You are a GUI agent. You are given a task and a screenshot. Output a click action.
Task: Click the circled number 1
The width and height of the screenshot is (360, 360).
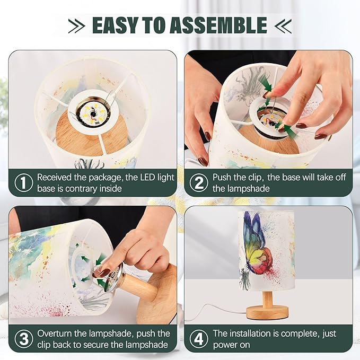[24, 182]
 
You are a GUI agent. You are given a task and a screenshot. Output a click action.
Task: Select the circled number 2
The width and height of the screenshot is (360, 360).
[199, 182]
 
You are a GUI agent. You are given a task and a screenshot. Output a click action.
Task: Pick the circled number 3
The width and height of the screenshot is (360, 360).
[24, 338]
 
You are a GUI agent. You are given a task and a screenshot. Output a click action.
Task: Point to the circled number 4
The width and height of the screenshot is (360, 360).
[199, 338]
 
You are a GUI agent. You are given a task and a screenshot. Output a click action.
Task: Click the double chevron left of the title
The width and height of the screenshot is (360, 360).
[77, 25]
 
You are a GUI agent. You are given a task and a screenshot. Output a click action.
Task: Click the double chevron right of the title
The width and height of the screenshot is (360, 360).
[283, 25]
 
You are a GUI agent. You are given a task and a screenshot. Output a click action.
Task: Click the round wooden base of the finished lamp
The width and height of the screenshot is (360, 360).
[267, 312]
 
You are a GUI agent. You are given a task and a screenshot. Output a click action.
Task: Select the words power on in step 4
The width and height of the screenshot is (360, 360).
[231, 345]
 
